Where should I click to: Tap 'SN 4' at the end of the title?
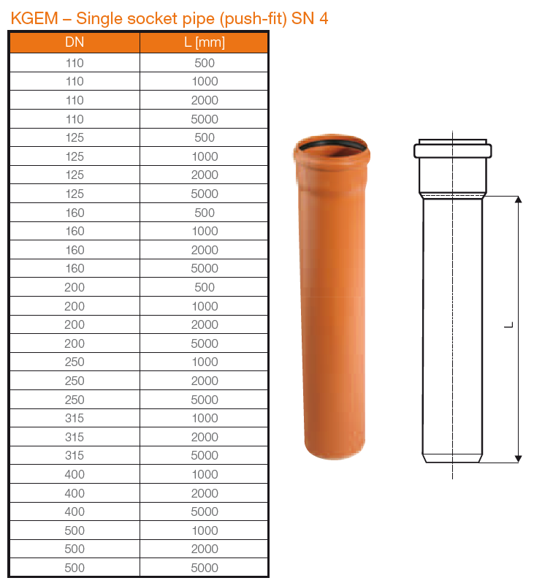point(310,18)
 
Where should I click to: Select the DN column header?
point(75,42)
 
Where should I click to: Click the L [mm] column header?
point(205,42)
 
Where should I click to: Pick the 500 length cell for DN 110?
point(205,63)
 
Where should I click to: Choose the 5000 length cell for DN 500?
point(205,568)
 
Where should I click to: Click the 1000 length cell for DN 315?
point(205,418)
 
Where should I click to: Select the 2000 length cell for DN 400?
point(205,493)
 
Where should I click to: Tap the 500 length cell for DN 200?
point(205,287)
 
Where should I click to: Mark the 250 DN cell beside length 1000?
point(75,362)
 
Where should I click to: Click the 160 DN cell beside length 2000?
point(75,250)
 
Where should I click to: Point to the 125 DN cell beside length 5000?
point(75,194)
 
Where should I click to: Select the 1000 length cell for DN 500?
point(205,530)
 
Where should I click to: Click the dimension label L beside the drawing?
point(509,326)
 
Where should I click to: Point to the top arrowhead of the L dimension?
point(518,199)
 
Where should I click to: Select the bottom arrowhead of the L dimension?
point(518,457)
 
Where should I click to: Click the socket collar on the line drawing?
point(452,151)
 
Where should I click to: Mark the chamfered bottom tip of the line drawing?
point(452,459)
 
